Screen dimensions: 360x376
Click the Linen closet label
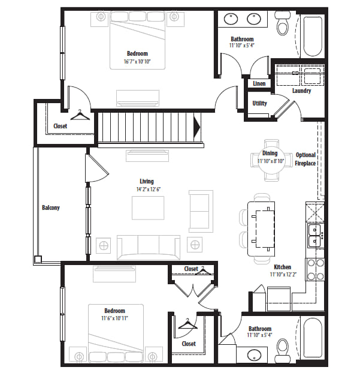coord(259,83)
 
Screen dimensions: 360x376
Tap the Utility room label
coord(259,103)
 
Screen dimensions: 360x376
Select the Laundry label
coord(301,91)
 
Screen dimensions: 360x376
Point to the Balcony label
coord(50,207)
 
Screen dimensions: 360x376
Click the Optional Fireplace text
coord(305,159)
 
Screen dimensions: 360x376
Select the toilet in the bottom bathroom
coord(282,350)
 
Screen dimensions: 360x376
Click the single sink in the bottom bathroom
coord(255,355)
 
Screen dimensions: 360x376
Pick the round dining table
coord(271,160)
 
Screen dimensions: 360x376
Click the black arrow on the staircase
coord(197,127)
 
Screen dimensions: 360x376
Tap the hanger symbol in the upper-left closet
coord(80,115)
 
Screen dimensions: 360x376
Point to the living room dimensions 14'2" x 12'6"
coord(149,189)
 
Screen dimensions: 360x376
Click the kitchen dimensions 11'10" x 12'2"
coord(283,274)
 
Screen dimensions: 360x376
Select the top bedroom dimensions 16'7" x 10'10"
coord(137,61)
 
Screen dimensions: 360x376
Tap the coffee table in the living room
coord(148,208)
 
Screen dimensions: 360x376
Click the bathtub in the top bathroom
coord(313,36)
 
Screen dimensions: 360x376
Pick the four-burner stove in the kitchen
coord(315,269)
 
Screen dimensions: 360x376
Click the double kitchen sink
coord(314,236)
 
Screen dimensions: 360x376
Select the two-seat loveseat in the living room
coord(201,211)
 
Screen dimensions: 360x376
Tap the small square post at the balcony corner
coord(38,259)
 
